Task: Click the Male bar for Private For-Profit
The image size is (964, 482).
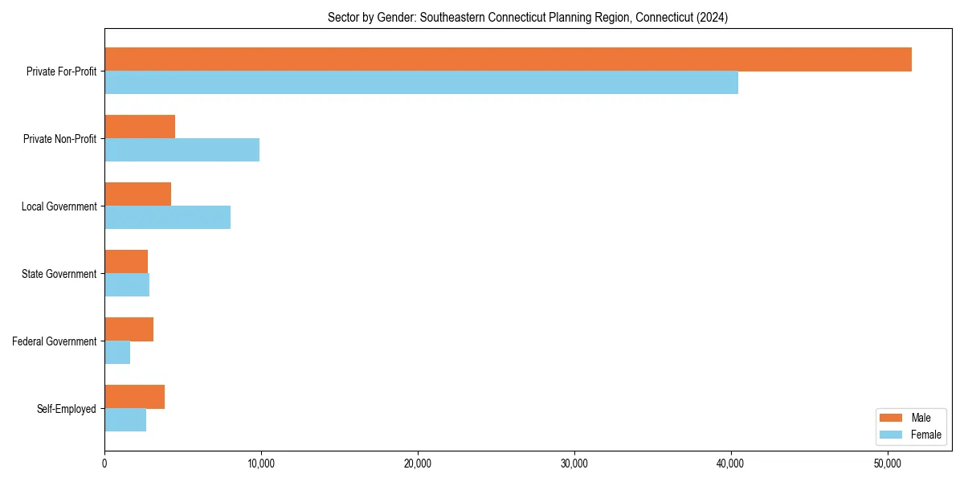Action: click(508, 59)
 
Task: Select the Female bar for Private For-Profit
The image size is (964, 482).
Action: click(421, 83)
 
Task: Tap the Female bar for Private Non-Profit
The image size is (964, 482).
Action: click(182, 150)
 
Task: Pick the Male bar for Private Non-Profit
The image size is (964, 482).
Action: click(140, 127)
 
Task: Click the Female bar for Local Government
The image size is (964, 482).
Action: click(167, 218)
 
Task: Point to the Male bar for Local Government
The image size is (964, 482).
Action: click(137, 194)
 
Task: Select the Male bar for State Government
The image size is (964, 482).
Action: click(126, 262)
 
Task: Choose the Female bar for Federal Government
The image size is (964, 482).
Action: click(117, 353)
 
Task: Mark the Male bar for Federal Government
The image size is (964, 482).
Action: click(129, 329)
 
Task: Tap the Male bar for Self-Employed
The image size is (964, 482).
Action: click(134, 397)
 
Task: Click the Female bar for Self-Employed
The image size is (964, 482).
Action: click(125, 420)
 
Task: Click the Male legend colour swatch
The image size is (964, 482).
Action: click(892, 418)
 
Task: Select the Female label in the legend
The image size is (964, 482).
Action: click(926, 435)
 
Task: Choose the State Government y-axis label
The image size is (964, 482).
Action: click(59, 274)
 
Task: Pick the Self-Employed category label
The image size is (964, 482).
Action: click(67, 409)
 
